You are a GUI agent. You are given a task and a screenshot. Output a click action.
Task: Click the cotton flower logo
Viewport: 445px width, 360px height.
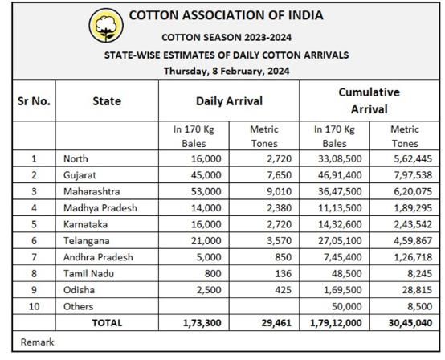tap(106, 26)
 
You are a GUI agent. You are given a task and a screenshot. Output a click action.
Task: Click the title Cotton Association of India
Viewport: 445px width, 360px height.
tap(227, 15)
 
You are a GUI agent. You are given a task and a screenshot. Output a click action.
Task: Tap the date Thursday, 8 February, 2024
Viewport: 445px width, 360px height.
tap(227, 71)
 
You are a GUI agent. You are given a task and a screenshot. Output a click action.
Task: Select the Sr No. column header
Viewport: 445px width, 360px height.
tap(34, 101)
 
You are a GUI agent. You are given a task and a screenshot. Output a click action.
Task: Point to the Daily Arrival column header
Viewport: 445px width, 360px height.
tap(229, 101)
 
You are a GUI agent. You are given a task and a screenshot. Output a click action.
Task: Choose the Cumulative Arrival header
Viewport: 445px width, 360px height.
tap(369, 100)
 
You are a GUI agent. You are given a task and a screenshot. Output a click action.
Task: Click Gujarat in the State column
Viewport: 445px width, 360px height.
tap(80, 175)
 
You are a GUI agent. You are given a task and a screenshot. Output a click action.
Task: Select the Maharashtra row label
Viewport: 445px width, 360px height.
tap(92, 191)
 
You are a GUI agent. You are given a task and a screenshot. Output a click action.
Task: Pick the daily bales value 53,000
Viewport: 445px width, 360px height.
tap(206, 191)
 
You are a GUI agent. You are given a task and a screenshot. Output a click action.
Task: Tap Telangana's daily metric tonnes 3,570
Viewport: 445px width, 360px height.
tap(279, 241)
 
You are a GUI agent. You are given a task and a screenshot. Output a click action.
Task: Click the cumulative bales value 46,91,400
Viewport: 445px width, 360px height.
tap(340, 175)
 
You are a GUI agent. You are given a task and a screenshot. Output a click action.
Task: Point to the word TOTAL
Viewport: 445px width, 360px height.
tap(107, 323)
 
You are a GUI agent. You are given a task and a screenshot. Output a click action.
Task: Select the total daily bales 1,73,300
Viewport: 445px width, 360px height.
tap(202, 323)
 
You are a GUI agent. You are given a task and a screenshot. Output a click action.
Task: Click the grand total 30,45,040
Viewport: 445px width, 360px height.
tap(410, 323)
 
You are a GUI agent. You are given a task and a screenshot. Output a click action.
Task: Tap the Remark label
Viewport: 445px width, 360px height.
tap(38, 342)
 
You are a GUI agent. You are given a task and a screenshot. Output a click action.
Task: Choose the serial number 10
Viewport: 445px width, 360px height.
tap(34, 307)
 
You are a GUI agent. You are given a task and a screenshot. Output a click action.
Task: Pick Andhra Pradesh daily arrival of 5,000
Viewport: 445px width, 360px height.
tap(209, 257)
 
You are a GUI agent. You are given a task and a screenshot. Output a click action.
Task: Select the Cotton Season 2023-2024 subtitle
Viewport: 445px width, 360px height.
tap(227, 38)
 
